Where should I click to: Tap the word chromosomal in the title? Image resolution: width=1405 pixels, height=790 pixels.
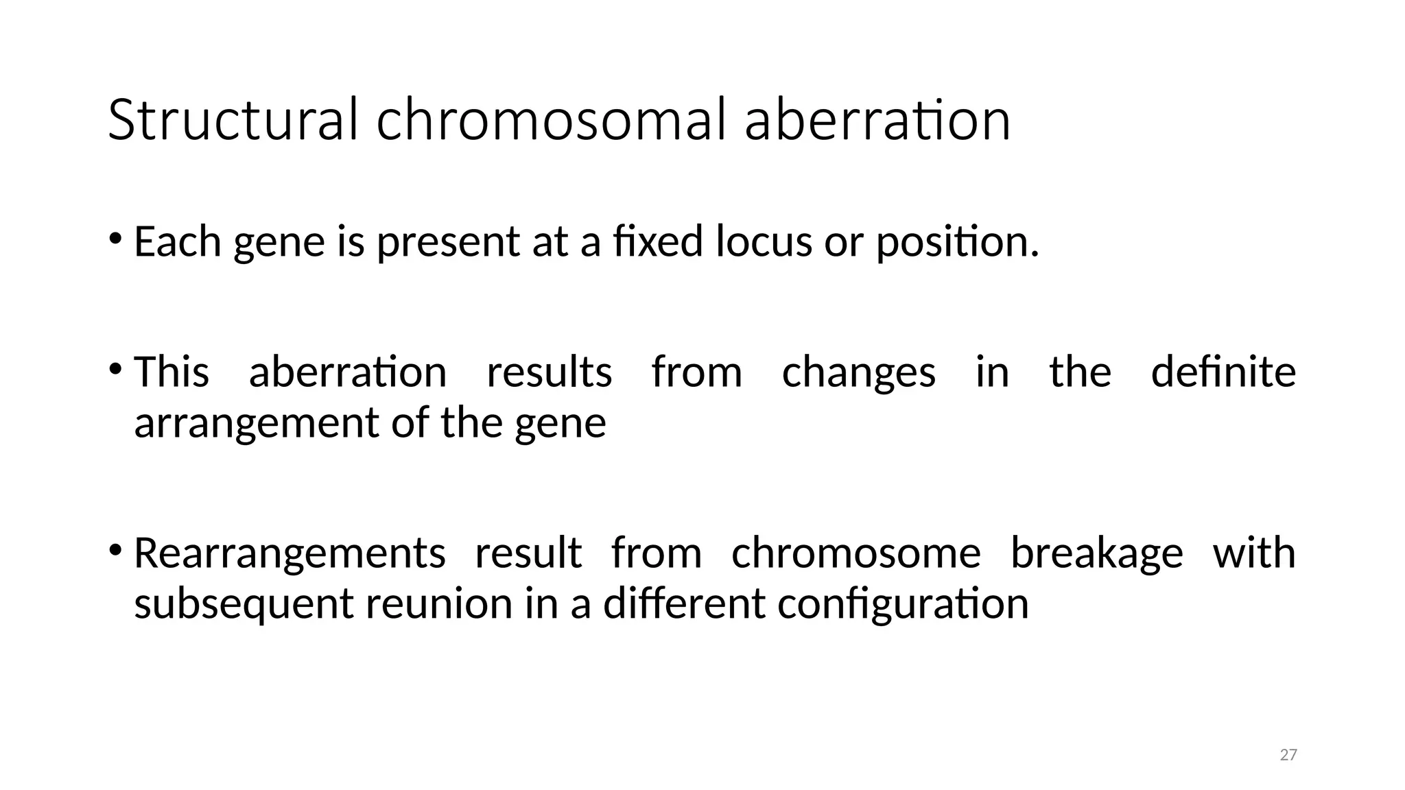tap(550, 121)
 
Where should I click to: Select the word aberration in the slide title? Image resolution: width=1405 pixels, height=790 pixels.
tap(877, 121)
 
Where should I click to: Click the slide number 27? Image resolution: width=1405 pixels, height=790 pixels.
tap(1288, 755)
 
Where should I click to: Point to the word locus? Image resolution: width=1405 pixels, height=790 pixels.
tap(764, 242)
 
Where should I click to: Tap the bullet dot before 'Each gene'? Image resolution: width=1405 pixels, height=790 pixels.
tap(115, 239)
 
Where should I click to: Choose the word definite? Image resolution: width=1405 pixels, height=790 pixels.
tap(1223, 372)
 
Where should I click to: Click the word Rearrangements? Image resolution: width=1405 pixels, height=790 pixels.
tap(290, 554)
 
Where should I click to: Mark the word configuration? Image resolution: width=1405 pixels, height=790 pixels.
tap(903, 605)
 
